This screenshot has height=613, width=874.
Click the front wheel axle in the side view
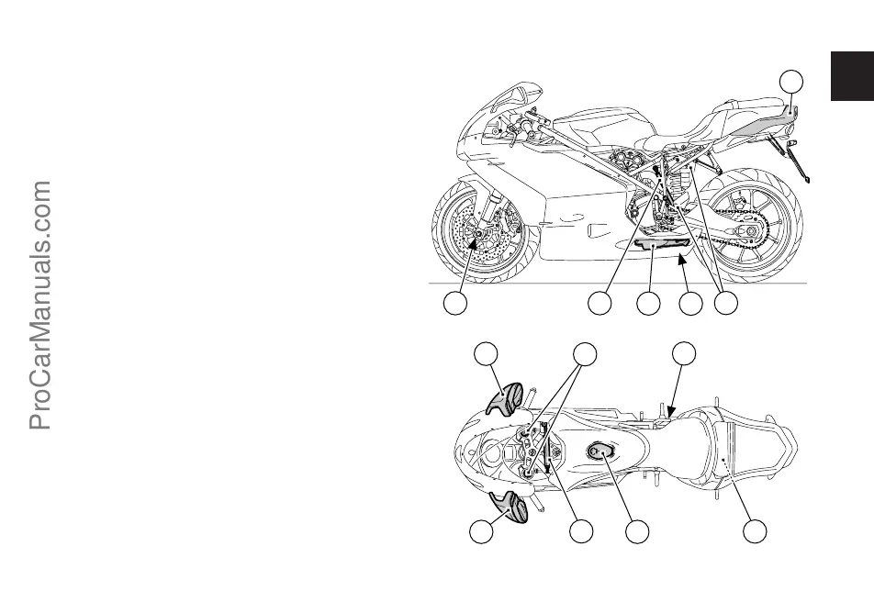click(x=475, y=240)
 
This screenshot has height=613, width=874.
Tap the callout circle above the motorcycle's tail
click(x=791, y=82)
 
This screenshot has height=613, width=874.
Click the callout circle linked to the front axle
click(x=454, y=304)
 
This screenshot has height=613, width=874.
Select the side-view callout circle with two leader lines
click(x=727, y=304)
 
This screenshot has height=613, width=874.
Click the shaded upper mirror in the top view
click(x=505, y=401)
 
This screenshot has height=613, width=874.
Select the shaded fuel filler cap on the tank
click(x=600, y=451)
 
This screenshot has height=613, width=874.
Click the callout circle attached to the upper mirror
click(x=487, y=354)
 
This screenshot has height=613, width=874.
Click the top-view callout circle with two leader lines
click(x=583, y=354)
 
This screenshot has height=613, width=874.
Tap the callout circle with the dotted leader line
click(x=756, y=531)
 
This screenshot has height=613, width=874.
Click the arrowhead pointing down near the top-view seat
click(x=671, y=412)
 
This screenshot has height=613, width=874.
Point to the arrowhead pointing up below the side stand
click(x=680, y=262)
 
